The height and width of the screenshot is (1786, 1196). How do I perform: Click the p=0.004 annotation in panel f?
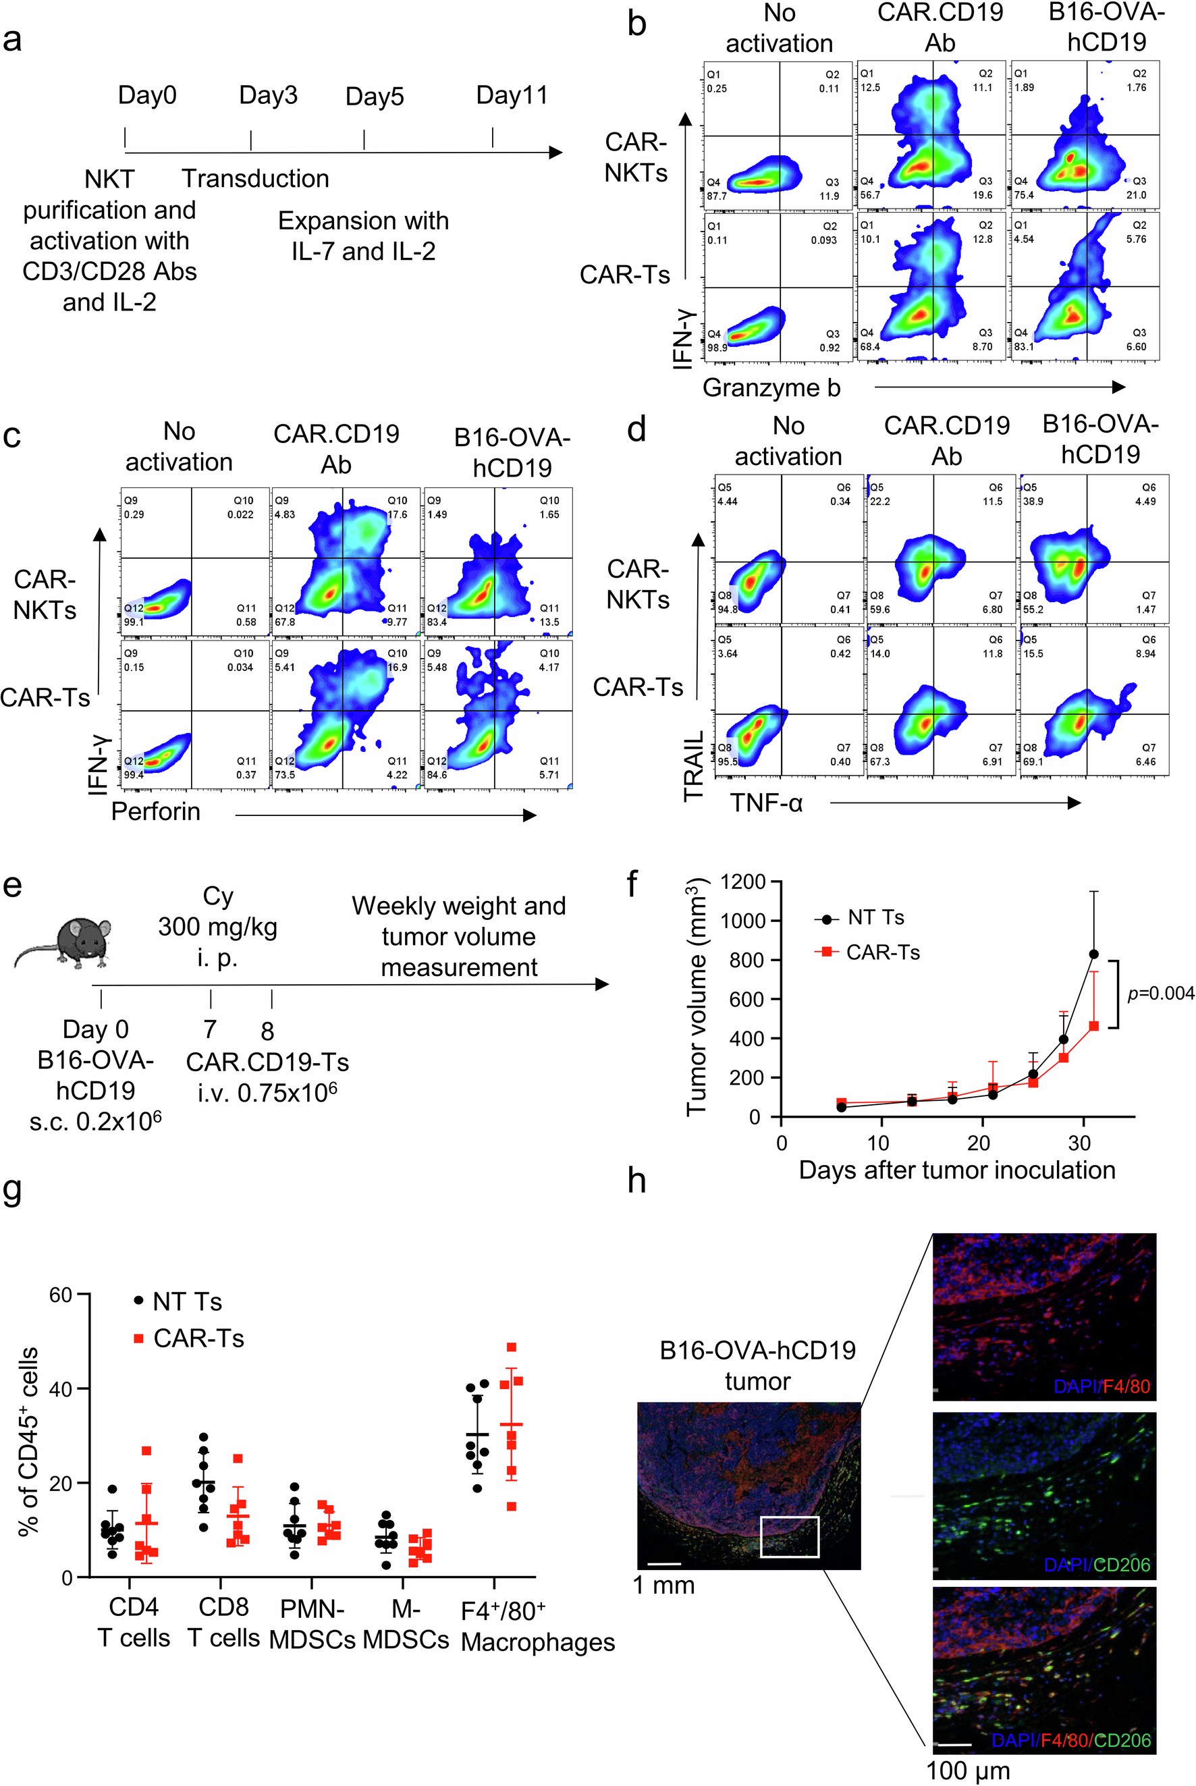1160,994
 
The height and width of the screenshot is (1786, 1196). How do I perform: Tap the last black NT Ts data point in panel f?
1093,954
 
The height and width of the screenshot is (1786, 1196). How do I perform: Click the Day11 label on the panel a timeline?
512,95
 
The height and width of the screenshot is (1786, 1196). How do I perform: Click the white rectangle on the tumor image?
790,1537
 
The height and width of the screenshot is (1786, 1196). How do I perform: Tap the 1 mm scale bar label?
663,1586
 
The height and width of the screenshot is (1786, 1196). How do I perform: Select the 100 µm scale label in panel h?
967,1770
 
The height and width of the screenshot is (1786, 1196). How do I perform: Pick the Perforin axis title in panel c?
156,811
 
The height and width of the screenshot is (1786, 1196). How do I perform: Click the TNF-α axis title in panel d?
767,803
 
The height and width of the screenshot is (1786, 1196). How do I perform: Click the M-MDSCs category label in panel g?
405,1623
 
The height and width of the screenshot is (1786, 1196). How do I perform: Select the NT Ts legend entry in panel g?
178,1302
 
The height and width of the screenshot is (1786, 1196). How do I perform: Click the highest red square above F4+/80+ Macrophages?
512,1347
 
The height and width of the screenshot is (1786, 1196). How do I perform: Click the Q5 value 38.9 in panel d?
1033,501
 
